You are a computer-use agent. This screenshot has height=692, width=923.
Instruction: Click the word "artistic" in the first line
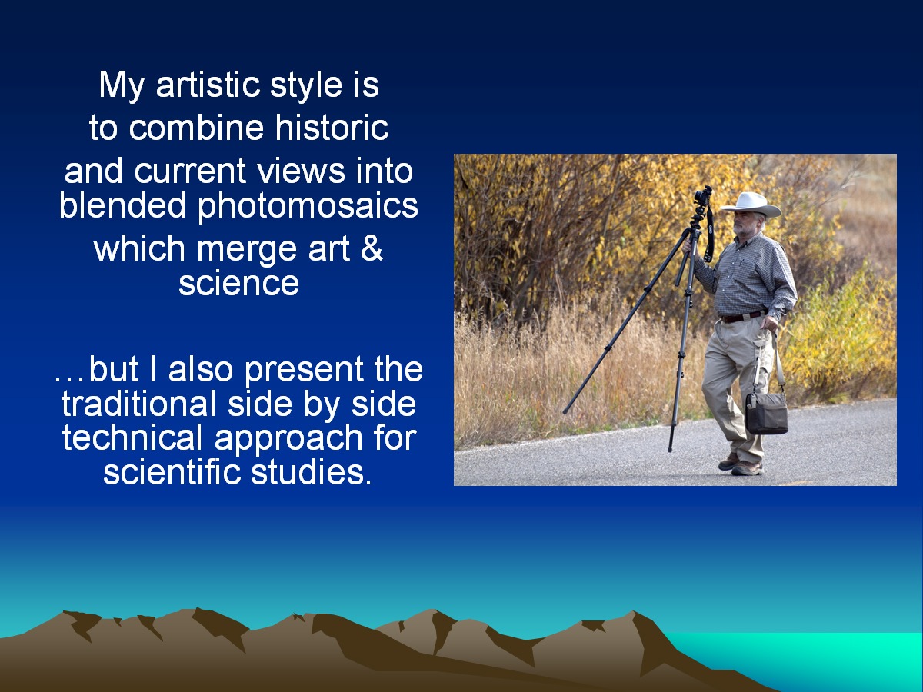(208, 85)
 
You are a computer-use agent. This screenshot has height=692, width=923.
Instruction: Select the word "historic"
(332, 128)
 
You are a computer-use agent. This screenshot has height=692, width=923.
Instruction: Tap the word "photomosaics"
(308, 206)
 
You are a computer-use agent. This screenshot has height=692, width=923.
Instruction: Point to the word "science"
(238, 283)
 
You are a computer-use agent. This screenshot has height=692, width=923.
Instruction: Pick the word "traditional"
(138, 404)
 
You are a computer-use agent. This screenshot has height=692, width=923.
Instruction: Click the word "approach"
(288, 439)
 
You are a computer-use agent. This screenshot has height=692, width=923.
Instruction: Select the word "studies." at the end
(312, 472)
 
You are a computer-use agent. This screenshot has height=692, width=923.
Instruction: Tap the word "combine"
(196, 128)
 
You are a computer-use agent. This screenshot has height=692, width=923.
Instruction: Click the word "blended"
(122, 205)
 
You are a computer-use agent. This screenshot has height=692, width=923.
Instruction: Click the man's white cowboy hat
(751, 205)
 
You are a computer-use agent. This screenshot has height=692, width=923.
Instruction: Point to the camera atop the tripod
(703, 195)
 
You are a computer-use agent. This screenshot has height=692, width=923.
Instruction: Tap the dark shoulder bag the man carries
(767, 412)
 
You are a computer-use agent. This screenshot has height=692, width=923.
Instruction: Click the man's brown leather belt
(743, 317)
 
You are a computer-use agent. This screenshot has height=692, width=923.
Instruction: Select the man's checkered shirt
(746, 275)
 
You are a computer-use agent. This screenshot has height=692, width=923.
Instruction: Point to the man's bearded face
(745, 224)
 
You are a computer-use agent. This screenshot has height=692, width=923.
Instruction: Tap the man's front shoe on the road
(747, 467)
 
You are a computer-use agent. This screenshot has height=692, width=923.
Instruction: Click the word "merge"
(246, 249)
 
